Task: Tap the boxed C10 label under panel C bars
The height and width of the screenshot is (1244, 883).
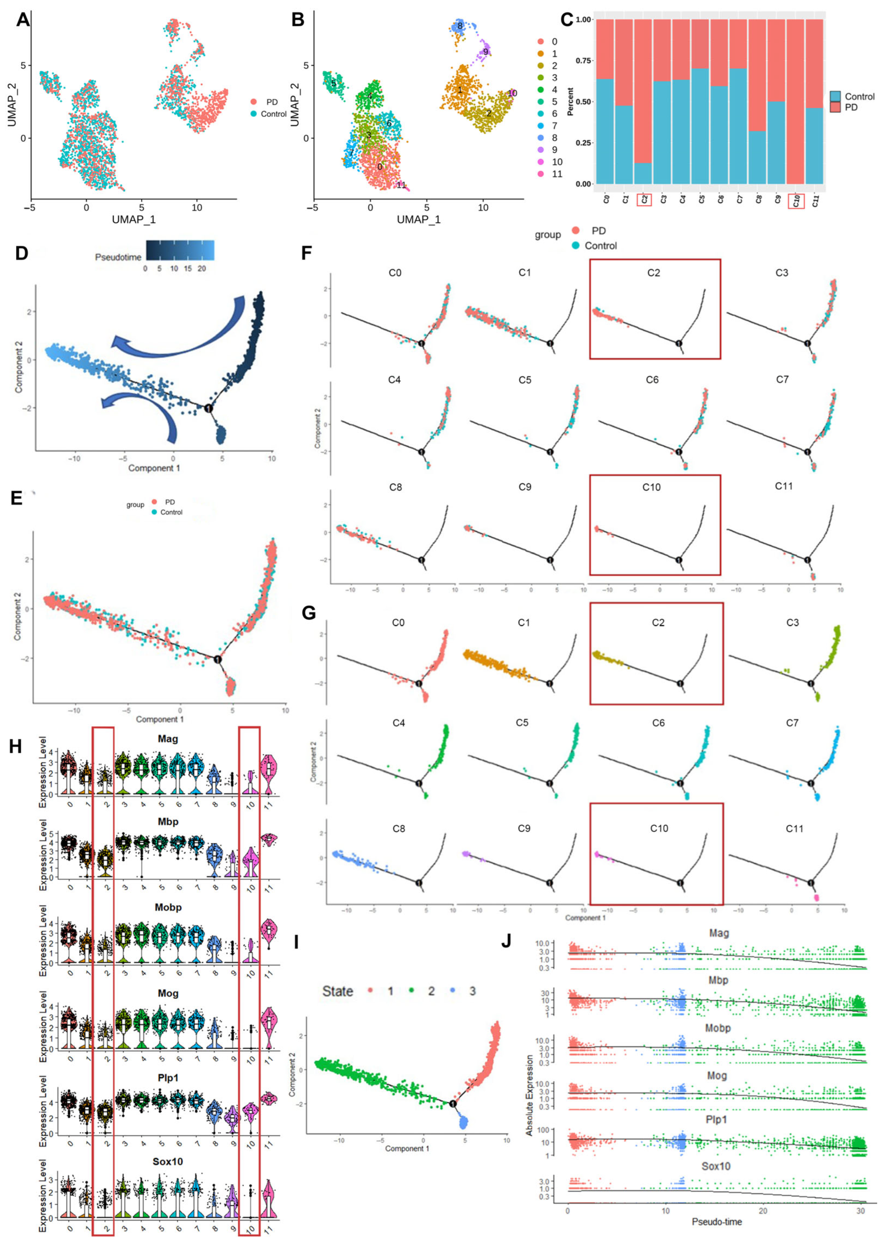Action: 797,201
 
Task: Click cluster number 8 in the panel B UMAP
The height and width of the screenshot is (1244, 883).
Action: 460,25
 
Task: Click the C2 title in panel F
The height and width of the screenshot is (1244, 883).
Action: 654,272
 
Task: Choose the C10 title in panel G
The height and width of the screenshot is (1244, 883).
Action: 659,828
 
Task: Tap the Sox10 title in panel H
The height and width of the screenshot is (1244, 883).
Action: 168,1161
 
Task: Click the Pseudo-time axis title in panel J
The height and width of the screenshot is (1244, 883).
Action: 717,1221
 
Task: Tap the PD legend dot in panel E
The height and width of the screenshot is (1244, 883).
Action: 154,502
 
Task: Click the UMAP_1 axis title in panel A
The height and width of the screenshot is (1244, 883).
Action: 134,219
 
